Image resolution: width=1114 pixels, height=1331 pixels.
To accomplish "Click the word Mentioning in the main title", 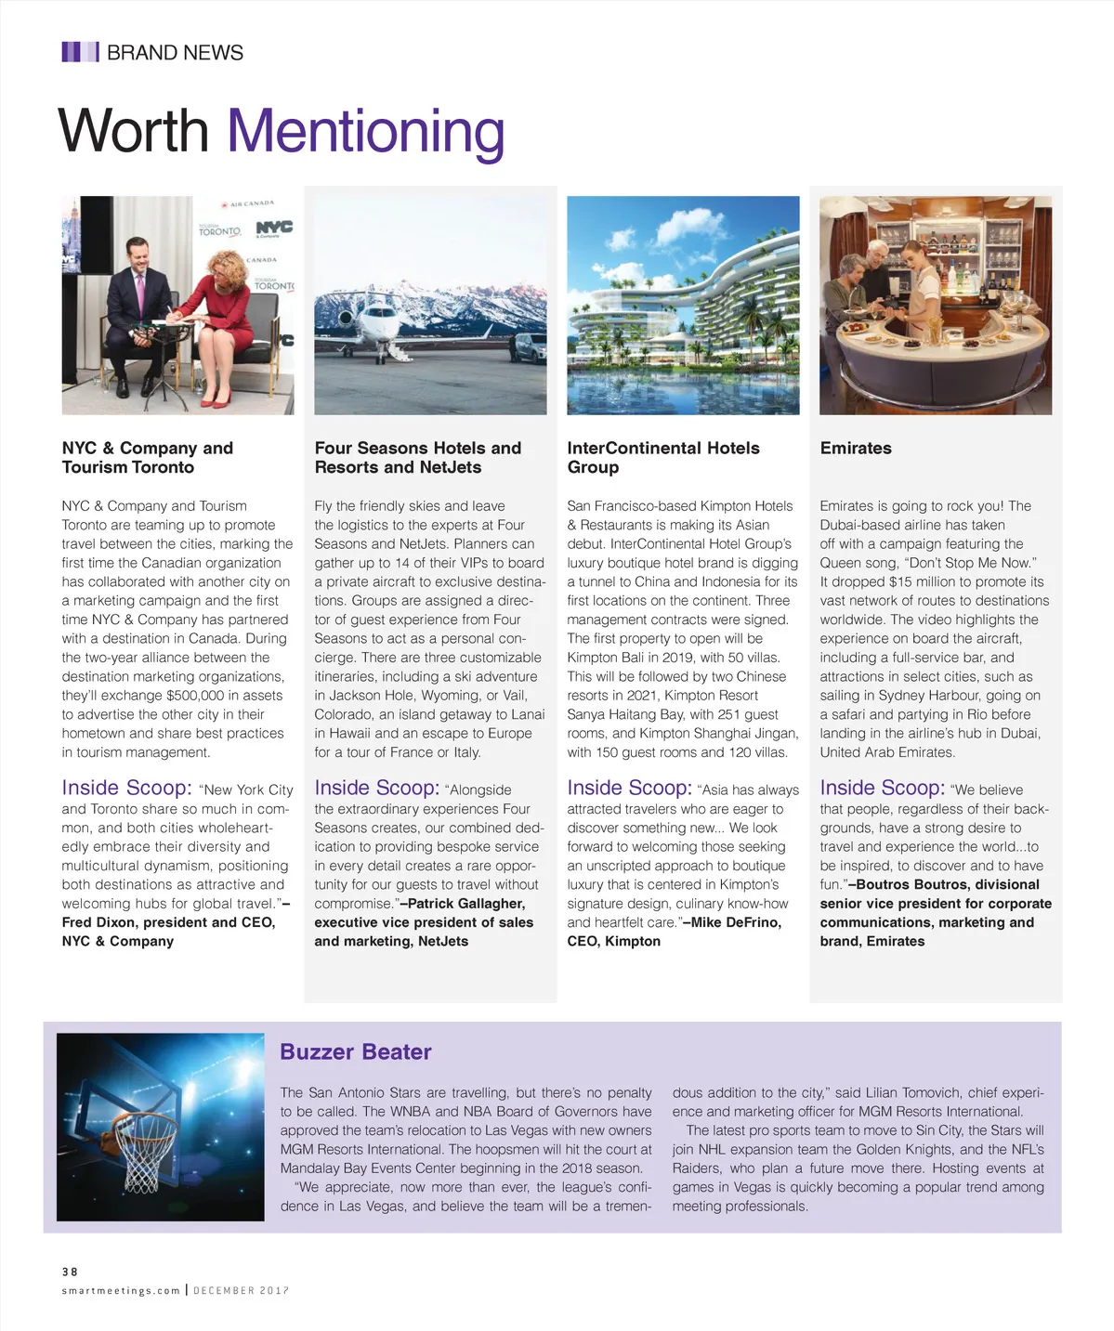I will pyautogui.click(x=365, y=132).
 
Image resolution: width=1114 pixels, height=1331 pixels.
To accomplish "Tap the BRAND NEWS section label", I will pyautogui.click(x=175, y=53).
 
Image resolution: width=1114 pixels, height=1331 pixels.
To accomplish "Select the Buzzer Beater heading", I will pyautogui.click(x=355, y=1051).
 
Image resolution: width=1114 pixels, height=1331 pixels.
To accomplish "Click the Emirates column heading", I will pyautogui.click(x=855, y=448).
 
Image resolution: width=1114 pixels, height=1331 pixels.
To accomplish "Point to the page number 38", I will pyautogui.click(x=70, y=1272).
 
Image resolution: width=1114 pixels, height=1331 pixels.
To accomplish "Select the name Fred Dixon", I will pyautogui.click(x=101, y=922).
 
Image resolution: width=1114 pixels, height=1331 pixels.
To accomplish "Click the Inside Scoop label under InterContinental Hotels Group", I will pyautogui.click(x=628, y=788).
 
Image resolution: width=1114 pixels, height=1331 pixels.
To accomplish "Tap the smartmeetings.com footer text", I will pyautogui.click(x=121, y=1290).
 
